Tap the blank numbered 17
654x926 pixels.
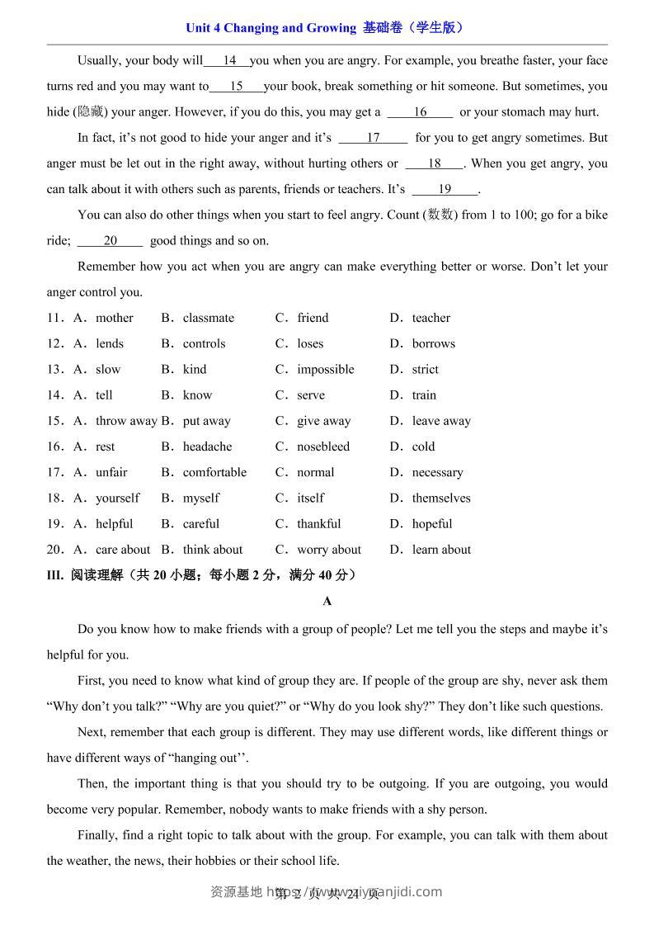[373, 138]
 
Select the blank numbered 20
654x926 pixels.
[111, 241]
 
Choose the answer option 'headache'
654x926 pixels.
[207, 446]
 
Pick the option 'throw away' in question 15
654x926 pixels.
[125, 421]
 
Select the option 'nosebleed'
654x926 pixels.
[323, 446]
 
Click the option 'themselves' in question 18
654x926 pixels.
[441, 498]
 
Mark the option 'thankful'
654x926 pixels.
[319, 523]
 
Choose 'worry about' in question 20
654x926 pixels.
[329, 550]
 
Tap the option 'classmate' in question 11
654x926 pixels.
[209, 318]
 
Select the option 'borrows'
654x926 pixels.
[434, 343]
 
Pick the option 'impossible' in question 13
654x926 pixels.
[326, 369]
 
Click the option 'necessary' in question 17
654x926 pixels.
[438, 472]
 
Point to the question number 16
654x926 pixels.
[54, 446]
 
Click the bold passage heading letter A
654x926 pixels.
[327, 602]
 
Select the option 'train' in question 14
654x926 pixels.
[425, 395]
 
